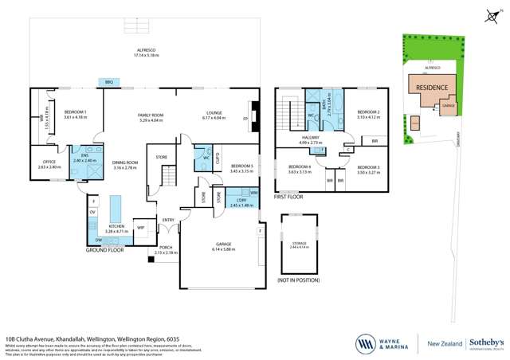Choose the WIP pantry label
point(140,229)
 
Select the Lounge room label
point(215,115)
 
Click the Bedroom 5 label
point(241,168)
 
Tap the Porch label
point(166,248)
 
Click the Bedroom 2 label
point(367,115)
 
